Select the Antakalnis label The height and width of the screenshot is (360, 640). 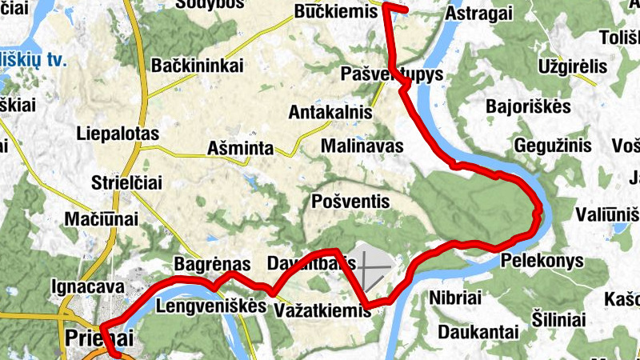331,112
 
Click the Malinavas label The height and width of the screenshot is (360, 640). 362,146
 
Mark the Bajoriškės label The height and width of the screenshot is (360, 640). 528,106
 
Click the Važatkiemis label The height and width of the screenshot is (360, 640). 322,309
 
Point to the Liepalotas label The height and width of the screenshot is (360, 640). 118,134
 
